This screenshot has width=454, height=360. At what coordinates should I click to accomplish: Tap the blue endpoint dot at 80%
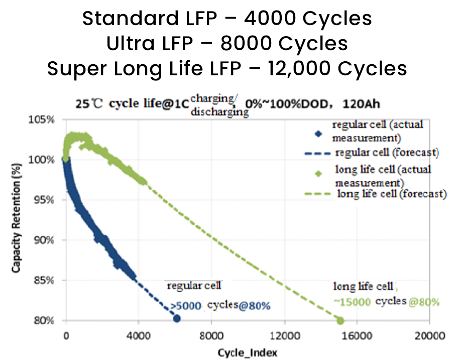(177, 318)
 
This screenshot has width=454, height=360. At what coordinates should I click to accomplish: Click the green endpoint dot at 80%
(340, 320)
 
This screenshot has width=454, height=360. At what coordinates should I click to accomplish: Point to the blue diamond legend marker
(317, 134)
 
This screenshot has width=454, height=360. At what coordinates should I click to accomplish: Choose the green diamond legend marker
(317, 174)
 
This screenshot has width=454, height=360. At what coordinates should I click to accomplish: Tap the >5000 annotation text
(185, 305)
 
